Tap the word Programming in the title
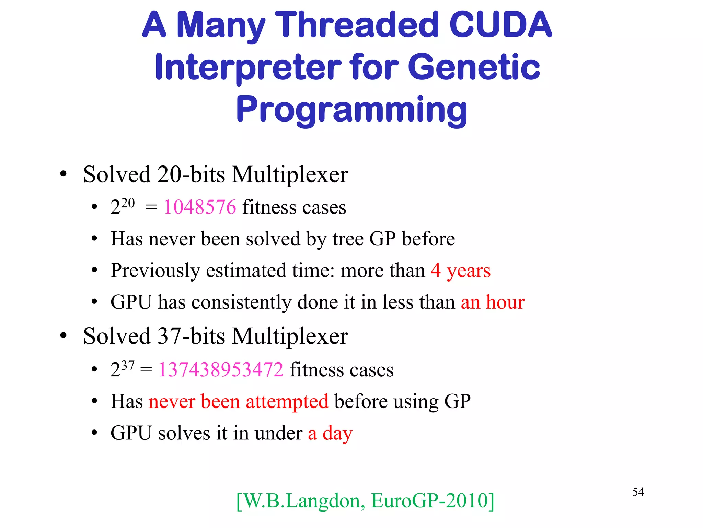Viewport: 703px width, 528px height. pyautogui.click(x=351, y=110)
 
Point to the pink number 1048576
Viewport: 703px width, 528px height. pyautogui.click(x=200, y=207)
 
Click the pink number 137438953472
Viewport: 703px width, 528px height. pyautogui.click(x=221, y=370)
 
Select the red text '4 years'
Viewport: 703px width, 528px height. pyautogui.click(x=461, y=271)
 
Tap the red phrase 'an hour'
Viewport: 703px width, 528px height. pyautogui.click(x=492, y=302)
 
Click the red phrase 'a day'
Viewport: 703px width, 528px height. pyautogui.click(x=330, y=433)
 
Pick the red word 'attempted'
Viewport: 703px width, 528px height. pyautogui.click(x=287, y=401)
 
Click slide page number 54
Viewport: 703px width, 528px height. pyautogui.click(x=638, y=492)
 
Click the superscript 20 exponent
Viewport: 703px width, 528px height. pyautogui.click(x=128, y=203)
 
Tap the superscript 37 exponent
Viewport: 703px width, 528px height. pyautogui.click(x=128, y=365)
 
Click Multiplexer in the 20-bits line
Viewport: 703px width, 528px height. pyautogui.click(x=290, y=175)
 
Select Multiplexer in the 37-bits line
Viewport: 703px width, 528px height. pyautogui.click(x=290, y=336)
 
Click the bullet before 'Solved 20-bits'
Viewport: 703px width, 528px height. pyautogui.click(x=63, y=174)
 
